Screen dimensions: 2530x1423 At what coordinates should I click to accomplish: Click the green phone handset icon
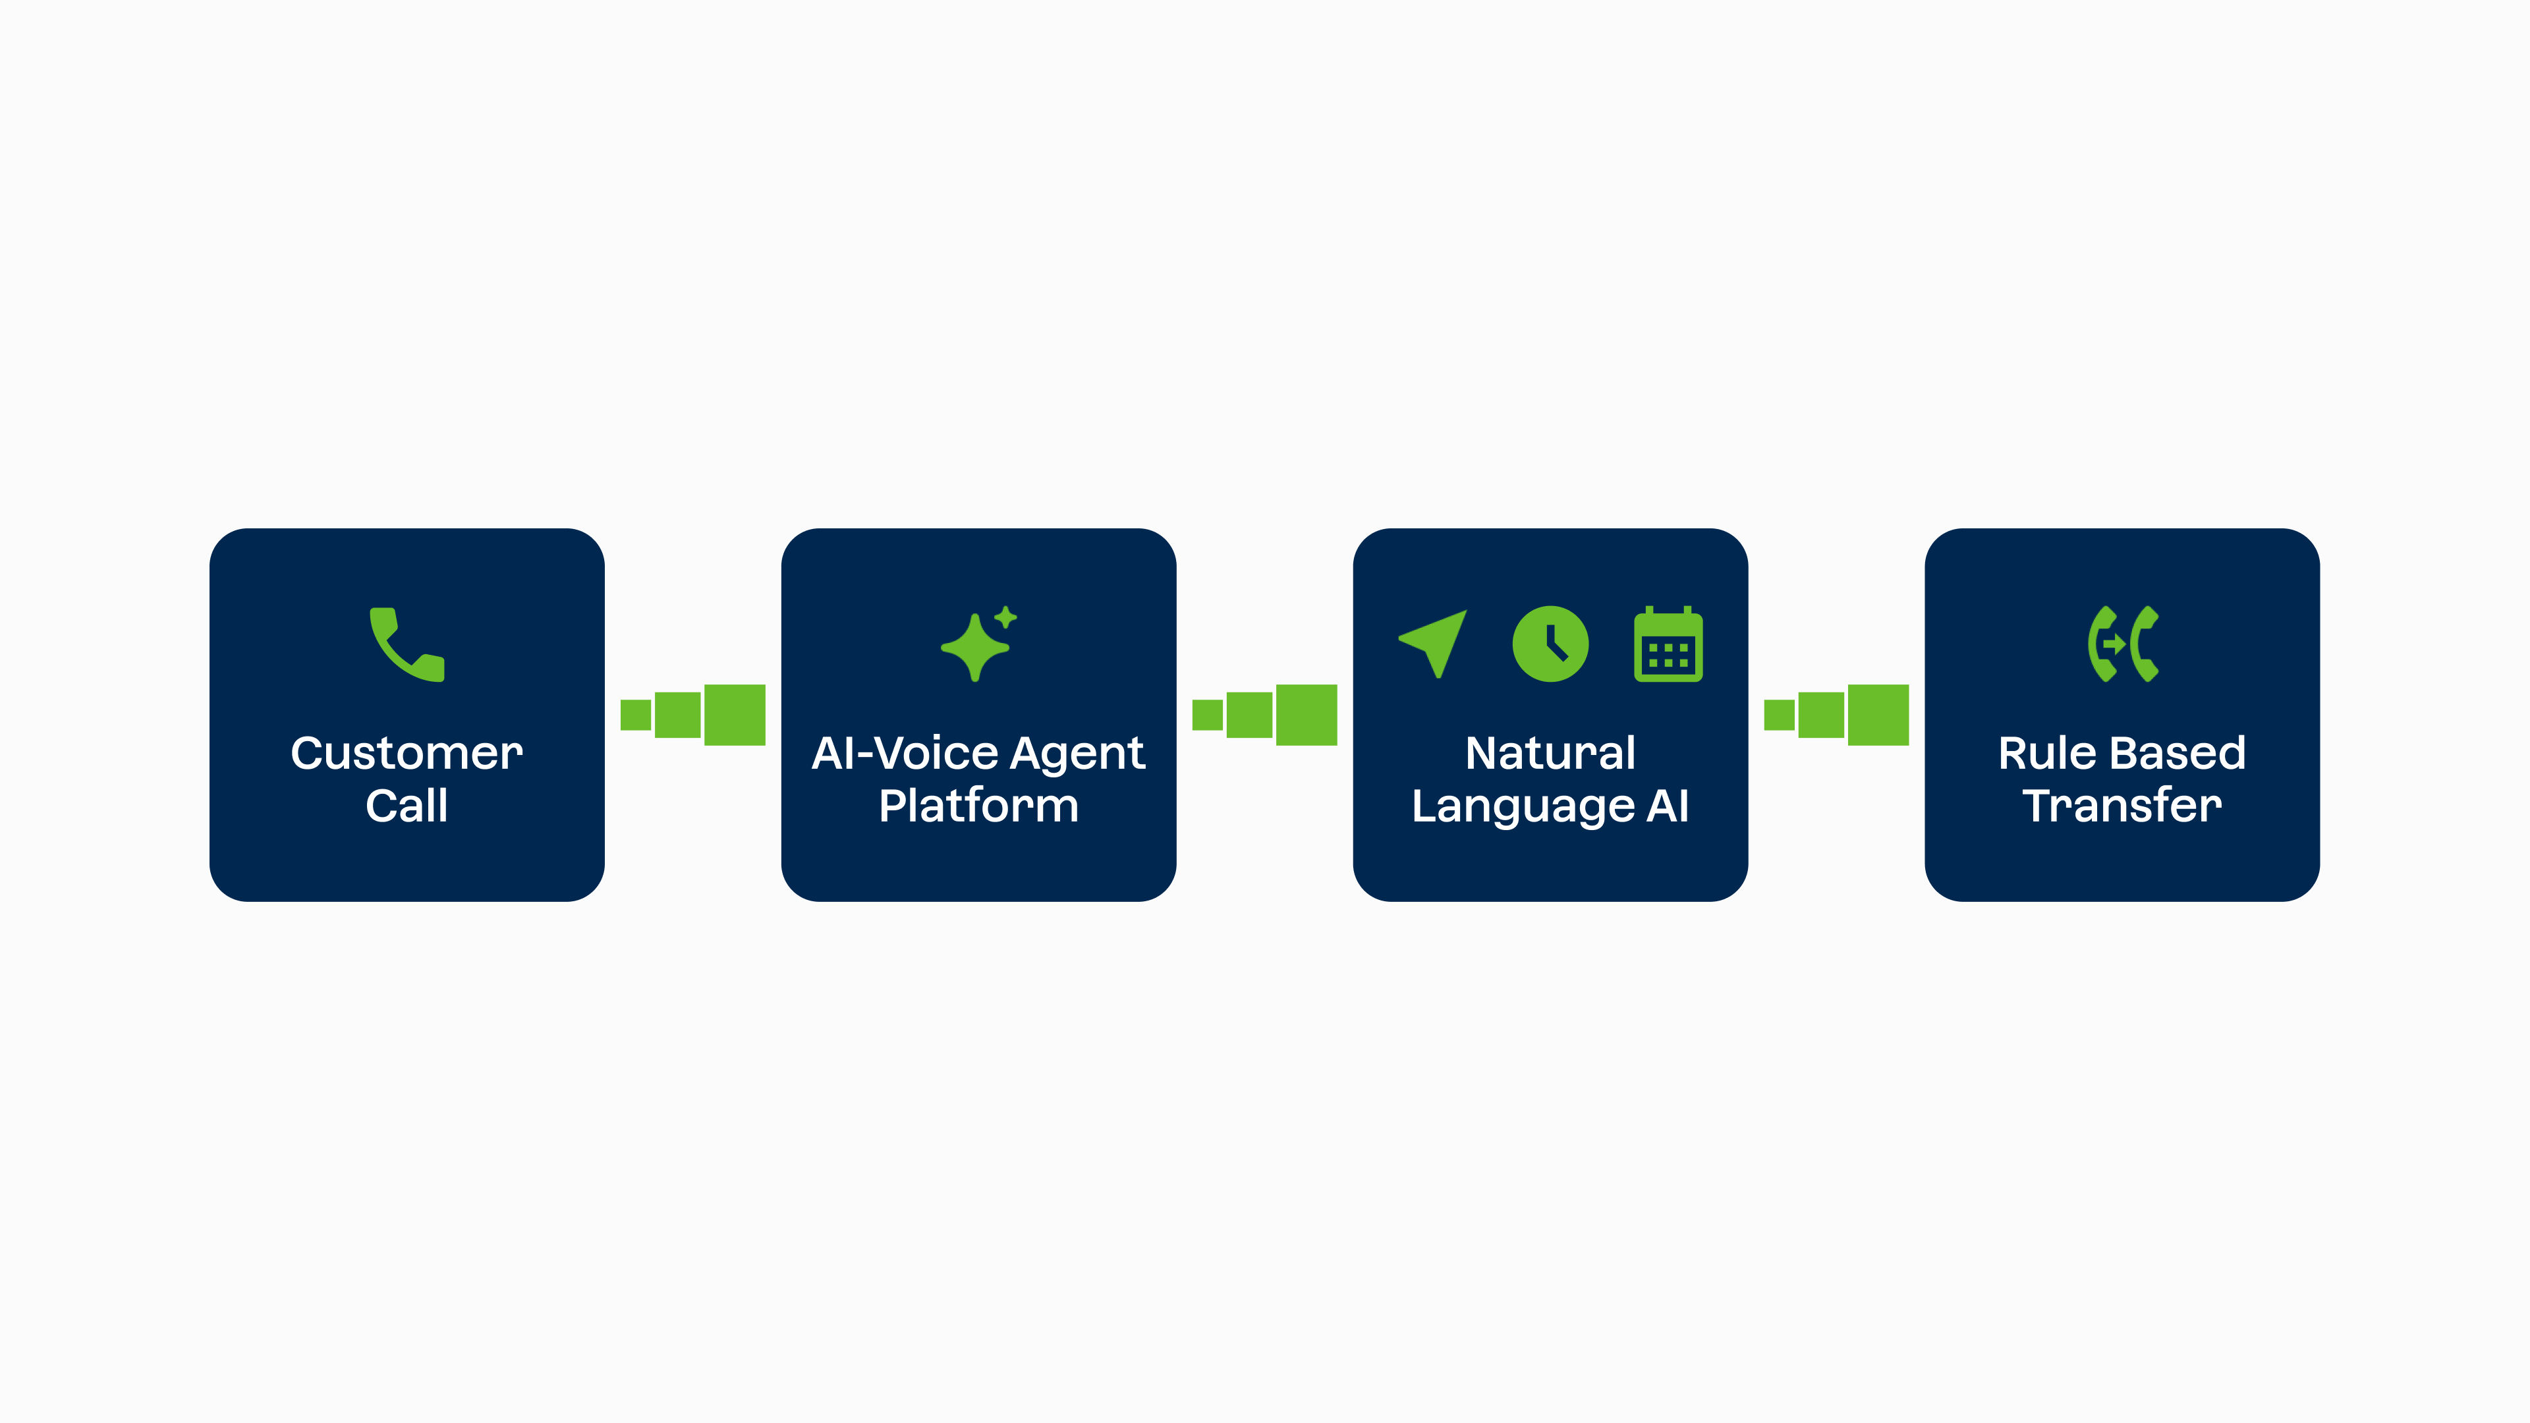click(x=407, y=644)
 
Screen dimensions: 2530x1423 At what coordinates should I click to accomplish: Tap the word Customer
click(x=407, y=753)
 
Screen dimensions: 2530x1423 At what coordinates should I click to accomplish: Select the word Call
click(x=407, y=805)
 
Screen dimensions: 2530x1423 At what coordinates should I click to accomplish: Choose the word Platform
click(x=978, y=805)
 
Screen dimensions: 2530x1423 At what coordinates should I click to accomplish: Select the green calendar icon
click(x=1668, y=643)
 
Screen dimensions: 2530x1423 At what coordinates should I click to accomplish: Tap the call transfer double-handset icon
click(x=2122, y=643)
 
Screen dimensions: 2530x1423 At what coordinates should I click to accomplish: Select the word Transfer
click(x=2122, y=805)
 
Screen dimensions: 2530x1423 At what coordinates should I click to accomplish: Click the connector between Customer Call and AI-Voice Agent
click(x=692, y=715)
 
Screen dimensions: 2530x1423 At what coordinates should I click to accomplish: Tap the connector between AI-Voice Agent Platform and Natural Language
click(x=1265, y=715)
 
